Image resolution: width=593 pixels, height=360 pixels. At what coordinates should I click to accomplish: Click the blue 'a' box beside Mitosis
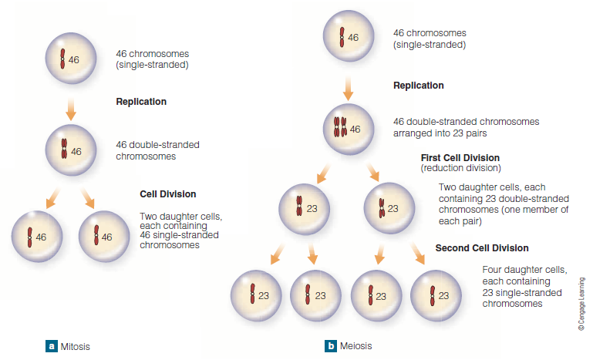pyautogui.click(x=51, y=346)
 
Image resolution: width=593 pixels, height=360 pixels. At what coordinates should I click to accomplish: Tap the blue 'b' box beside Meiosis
pyautogui.click(x=331, y=346)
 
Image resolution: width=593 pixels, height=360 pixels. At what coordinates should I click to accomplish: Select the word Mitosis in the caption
pyautogui.click(x=76, y=347)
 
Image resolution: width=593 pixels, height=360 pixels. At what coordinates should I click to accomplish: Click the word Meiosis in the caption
pyautogui.click(x=356, y=347)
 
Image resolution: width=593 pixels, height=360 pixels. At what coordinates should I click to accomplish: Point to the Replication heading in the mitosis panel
pyautogui.click(x=141, y=102)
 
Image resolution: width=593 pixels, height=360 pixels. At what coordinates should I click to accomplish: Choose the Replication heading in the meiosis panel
pyautogui.click(x=419, y=86)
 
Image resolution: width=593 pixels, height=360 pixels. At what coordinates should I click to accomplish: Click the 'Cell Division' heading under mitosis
pyautogui.click(x=167, y=194)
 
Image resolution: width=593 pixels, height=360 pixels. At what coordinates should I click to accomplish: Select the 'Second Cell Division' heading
pyautogui.click(x=482, y=248)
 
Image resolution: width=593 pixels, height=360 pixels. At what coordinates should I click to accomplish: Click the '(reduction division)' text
pyautogui.click(x=460, y=168)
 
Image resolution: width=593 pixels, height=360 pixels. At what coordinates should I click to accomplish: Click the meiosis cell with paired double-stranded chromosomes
pyautogui.click(x=349, y=128)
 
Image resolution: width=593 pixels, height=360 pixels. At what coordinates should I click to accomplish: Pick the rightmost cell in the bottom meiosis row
pyautogui.click(x=436, y=294)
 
